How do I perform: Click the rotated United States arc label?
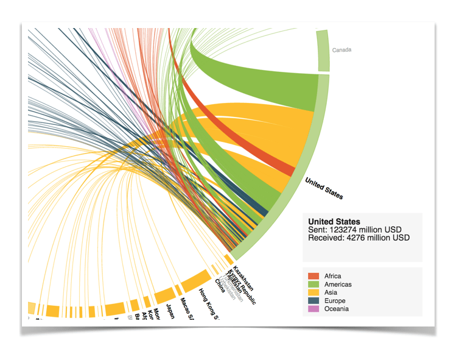[324, 189]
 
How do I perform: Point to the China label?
[220, 286]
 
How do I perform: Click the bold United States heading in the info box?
[334, 222]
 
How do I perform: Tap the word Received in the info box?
[326, 238]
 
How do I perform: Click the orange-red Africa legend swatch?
[314, 277]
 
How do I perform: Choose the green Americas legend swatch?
[314, 284]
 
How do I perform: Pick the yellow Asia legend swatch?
[314, 293]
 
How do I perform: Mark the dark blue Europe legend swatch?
[314, 301]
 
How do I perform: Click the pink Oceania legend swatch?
[314, 309]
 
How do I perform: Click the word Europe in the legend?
[335, 301]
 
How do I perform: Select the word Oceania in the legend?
[337, 309]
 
